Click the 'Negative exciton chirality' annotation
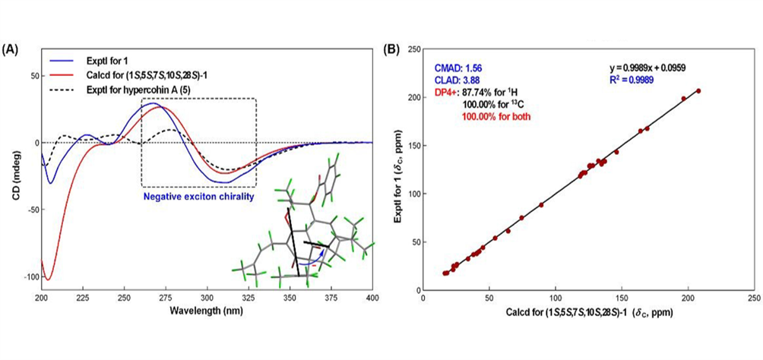(x=199, y=196)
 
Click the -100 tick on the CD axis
(x=27, y=277)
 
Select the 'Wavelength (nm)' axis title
(x=206, y=312)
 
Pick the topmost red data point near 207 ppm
(x=698, y=90)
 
